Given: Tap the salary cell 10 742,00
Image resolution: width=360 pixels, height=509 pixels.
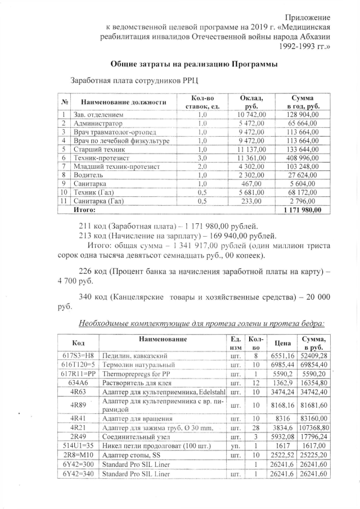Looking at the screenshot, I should [x=247, y=115].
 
